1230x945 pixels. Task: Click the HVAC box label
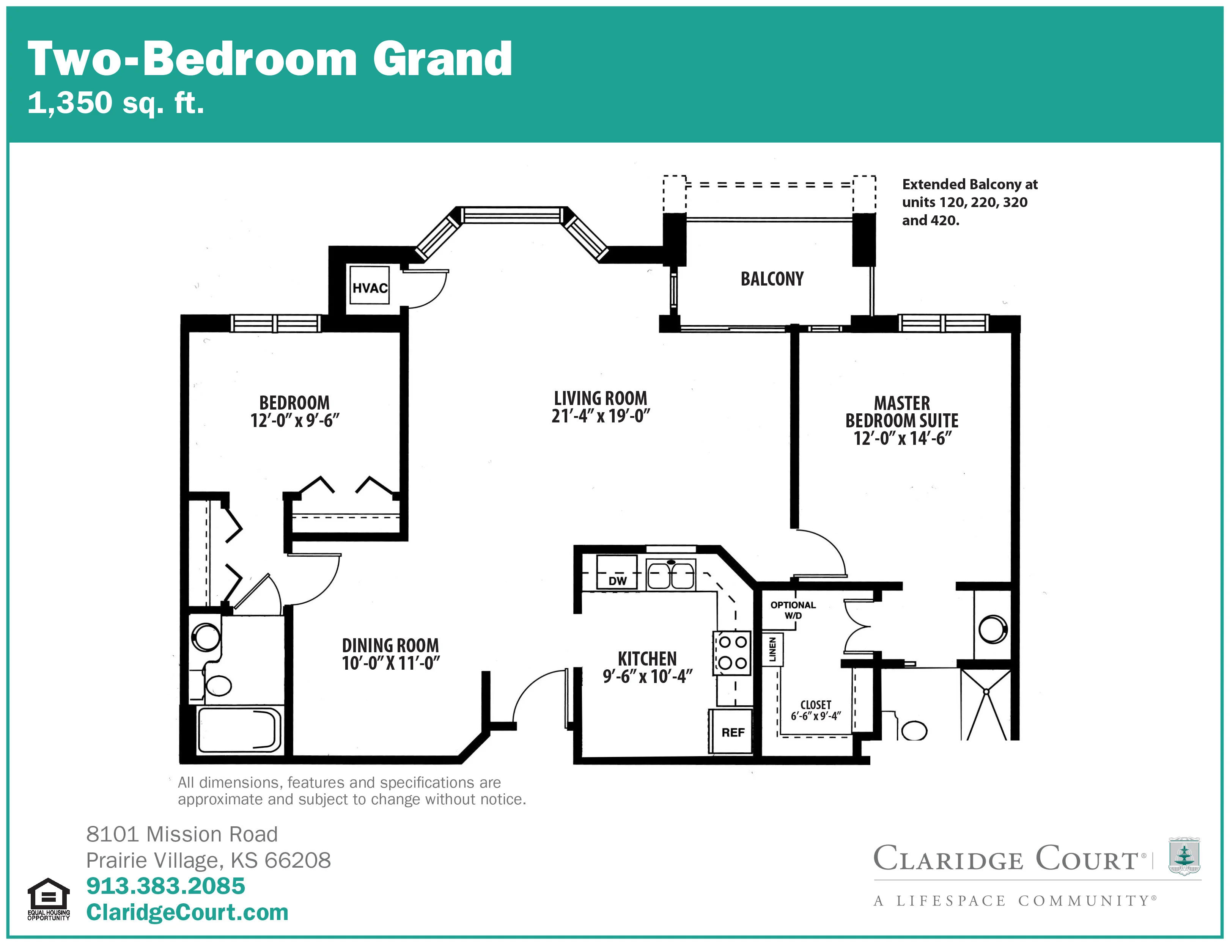[x=370, y=288]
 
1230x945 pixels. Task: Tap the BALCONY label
[x=772, y=278]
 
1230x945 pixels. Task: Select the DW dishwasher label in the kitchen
[x=617, y=581]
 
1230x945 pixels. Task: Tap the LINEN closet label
[x=772, y=649]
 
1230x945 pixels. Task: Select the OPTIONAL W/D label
[x=793, y=610]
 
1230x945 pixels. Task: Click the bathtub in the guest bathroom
[x=239, y=730]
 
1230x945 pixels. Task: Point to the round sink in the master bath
[x=993, y=629]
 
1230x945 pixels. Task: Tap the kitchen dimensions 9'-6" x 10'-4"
[x=647, y=675]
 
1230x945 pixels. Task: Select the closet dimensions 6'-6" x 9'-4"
[x=815, y=716]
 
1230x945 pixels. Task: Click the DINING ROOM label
[x=390, y=645]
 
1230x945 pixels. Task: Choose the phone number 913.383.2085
[x=165, y=886]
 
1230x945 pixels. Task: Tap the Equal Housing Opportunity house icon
[x=49, y=894]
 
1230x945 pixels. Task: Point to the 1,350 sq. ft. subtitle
[x=115, y=103]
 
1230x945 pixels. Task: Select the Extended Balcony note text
[x=969, y=202]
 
